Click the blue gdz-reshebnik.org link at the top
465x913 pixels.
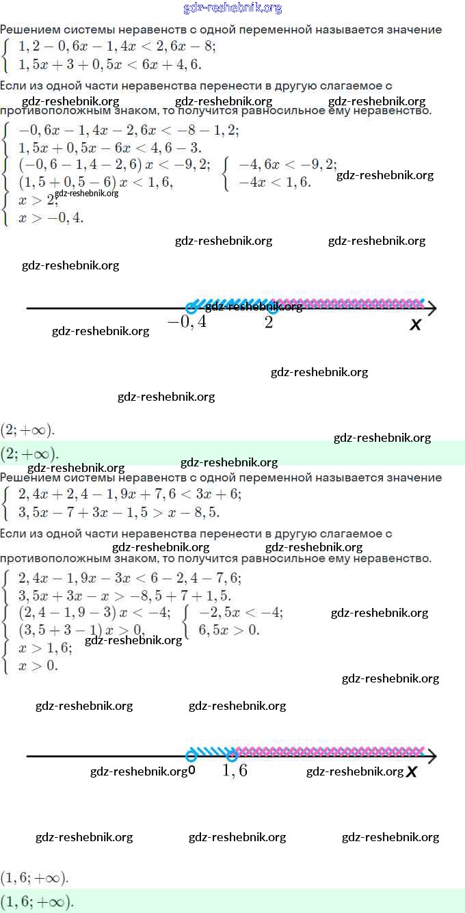pos(232,8)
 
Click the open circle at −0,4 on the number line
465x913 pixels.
pos(192,308)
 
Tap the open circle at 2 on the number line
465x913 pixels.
pos(273,308)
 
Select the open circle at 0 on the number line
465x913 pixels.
pos(191,756)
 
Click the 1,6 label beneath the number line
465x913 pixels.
pos(235,771)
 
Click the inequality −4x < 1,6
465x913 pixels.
pos(274,182)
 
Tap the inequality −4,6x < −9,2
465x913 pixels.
pos(287,165)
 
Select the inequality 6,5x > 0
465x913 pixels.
pos(228,630)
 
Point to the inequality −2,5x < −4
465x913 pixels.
pos(240,612)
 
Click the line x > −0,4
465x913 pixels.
pos(51,217)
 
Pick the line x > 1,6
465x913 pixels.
pos(45,648)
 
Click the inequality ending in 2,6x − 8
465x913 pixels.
pos(117,47)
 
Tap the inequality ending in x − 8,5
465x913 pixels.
pos(119,512)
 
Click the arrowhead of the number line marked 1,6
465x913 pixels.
pos(431,756)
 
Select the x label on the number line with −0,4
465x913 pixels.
pos(415,325)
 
